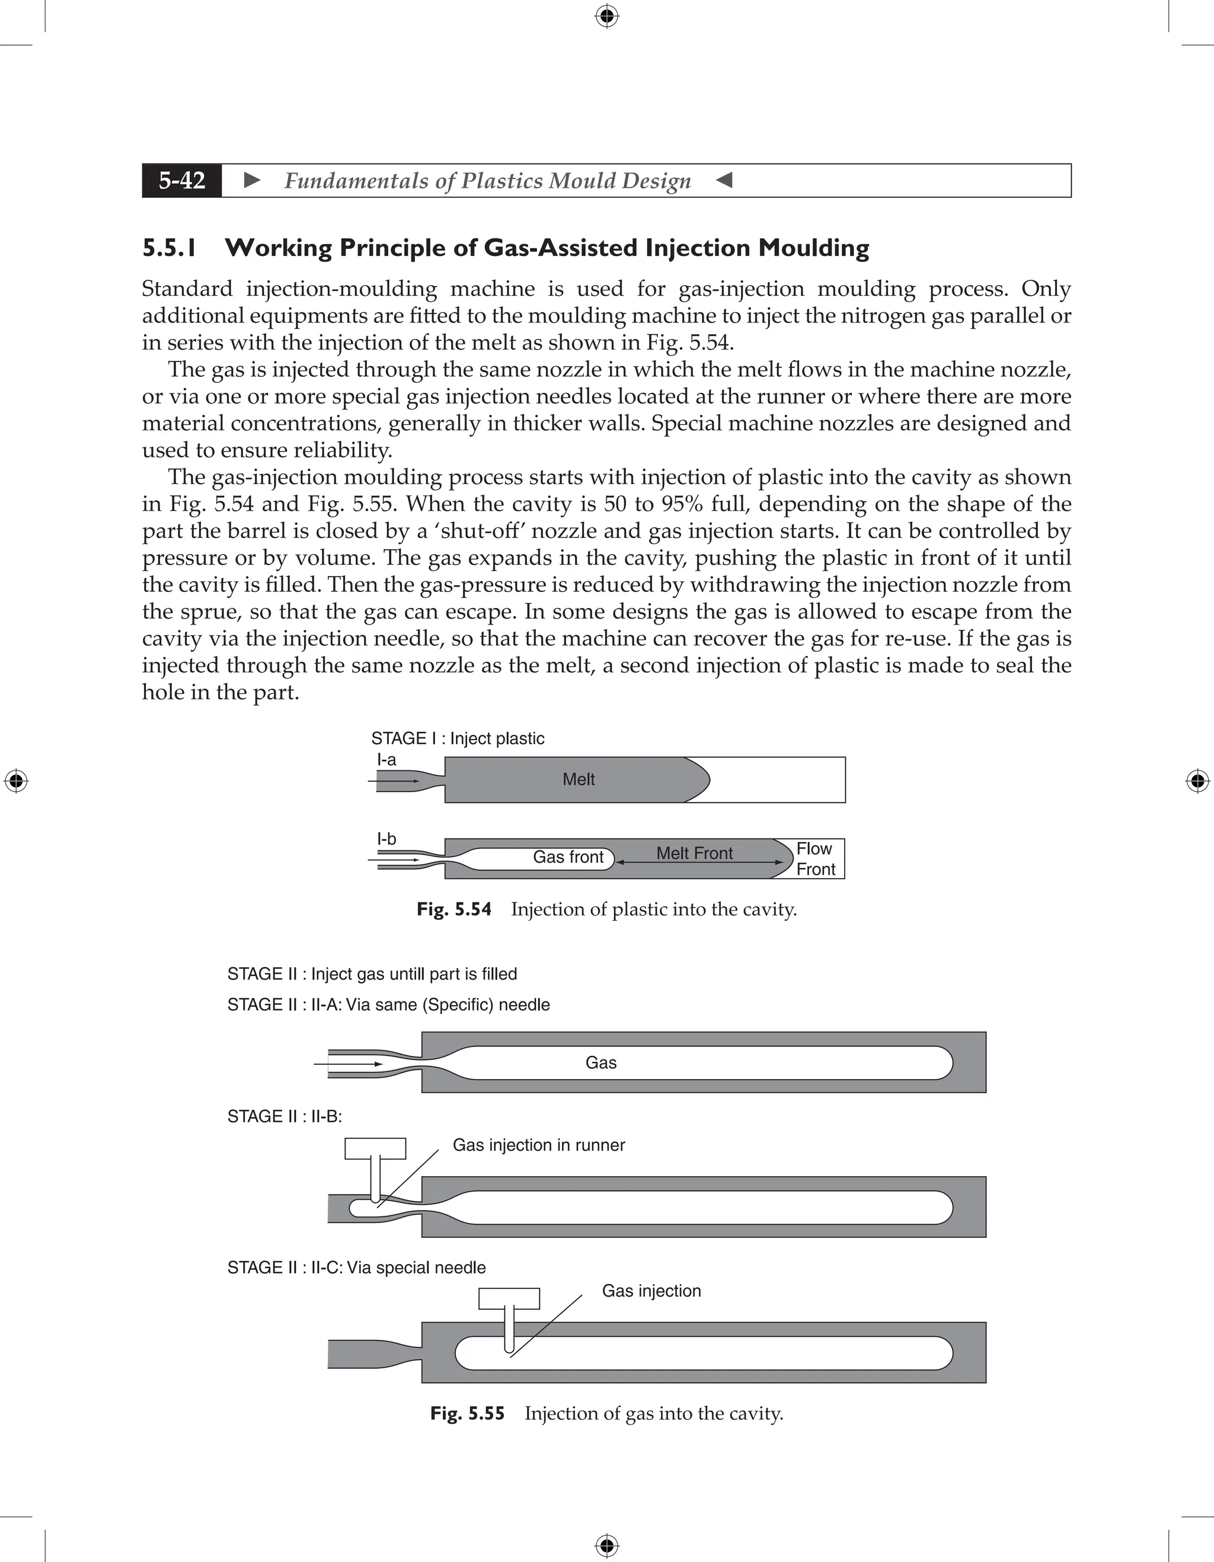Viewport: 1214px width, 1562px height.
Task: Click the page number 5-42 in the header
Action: point(182,180)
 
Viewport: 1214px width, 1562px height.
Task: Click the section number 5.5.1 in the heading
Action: point(169,248)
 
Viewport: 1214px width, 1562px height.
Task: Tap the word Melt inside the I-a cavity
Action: point(578,780)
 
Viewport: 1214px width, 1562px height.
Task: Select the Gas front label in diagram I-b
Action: point(568,857)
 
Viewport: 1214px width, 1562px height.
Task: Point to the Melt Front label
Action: point(694,853)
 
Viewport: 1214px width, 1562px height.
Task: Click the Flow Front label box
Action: point(815,859)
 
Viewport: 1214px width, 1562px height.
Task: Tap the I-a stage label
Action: point(386,760)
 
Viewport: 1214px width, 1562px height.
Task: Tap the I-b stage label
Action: point(386,839)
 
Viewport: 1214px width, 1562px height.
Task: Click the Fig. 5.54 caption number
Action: point(454,910)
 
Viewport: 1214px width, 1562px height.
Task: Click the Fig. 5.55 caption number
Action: point(467,1414)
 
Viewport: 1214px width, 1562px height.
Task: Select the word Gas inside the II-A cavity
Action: point(601,1063)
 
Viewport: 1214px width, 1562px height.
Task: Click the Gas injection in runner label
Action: point(539,1145)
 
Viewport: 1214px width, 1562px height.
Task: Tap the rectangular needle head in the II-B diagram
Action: point(375,1148)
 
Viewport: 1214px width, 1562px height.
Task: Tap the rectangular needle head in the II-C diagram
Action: point(509,1298)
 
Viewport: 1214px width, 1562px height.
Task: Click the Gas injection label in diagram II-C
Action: point(651,1291)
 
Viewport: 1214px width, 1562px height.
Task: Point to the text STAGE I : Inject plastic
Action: point(457,739)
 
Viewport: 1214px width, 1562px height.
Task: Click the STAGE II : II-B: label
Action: point(284,1116)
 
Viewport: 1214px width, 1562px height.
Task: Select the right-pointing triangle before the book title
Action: point(252,180)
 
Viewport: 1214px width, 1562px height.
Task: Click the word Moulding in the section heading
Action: point(813,248)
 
